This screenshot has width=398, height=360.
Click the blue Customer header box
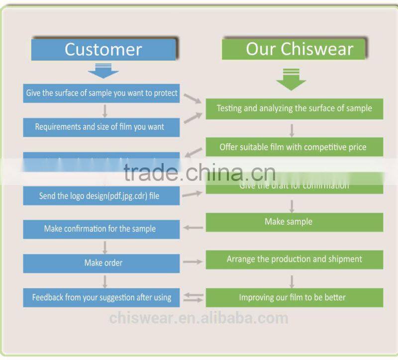pos(103,50)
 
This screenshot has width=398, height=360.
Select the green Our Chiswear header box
pos(294,49)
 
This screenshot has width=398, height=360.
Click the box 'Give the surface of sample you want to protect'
pos(101,93)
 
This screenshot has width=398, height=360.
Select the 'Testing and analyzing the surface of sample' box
pos(295,108)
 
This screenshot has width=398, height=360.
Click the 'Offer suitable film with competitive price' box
pos(295,147)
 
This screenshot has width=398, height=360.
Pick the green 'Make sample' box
pos(295,222)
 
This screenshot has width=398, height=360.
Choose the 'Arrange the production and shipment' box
pos(295,259)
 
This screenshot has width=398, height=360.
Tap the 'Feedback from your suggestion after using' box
pos(101,297)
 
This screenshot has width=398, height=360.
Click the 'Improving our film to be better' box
pos(295,297)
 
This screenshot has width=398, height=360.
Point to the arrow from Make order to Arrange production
pos(193,262)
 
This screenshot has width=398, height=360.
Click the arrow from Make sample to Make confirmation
pos(193,228)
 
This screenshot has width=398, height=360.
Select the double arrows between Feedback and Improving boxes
pos(193,297)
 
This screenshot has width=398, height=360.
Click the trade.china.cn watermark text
pos(199,173)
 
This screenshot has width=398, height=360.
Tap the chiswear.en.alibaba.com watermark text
pos(199,318)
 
